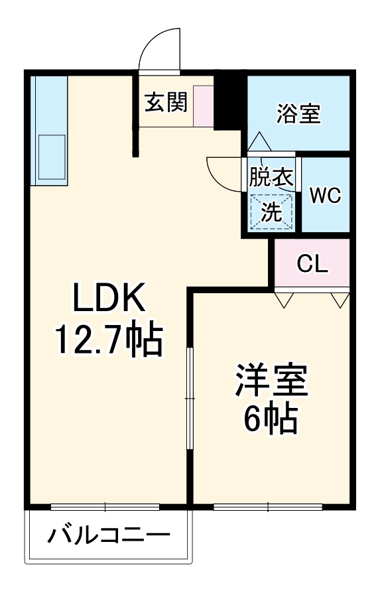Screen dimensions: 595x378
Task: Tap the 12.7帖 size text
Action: click(108, 340)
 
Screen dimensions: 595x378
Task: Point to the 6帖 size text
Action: click(270, 418)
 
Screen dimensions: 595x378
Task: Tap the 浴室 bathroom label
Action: click(298, 113)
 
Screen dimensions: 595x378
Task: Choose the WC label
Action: click(325, 195)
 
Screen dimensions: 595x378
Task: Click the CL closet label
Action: click(312, 265)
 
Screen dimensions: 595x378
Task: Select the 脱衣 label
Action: click(271, 177)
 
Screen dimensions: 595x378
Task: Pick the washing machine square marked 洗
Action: click(271, 212)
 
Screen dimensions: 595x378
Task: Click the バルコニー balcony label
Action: click(108, 535)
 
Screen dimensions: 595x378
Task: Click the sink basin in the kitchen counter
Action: click(51, 155)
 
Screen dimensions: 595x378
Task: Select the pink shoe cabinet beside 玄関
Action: click(204, 105)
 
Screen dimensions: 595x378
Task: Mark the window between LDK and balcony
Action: click(105, 507)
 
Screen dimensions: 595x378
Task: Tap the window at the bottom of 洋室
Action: click(268, 507)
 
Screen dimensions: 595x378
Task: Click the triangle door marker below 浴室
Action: click(257, 141)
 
